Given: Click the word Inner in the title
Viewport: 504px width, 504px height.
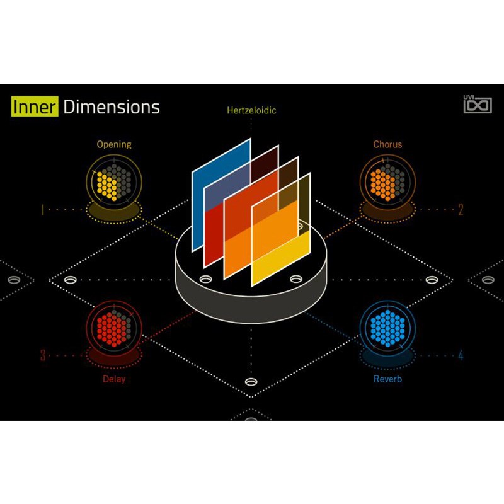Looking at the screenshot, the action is (x=35, y=106).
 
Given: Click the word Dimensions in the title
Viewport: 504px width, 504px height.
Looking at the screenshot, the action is (x=112, y=107).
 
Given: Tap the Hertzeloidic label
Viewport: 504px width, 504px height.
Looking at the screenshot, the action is (x=251, y=110).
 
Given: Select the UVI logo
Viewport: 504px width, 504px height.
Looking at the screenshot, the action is (x=478, y=104).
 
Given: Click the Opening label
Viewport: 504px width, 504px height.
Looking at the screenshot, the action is (x=114, y=145).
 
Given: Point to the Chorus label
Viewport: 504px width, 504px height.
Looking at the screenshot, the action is (x=387, y=144).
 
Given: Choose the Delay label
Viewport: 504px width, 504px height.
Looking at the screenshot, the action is (x=114, y=379).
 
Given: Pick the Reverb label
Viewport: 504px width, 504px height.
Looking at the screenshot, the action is (x=387, y=379).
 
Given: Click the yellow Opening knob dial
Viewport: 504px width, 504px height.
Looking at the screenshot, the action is (x=114, y=182).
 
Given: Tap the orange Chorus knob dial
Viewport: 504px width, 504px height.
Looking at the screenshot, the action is (x=387, y=182).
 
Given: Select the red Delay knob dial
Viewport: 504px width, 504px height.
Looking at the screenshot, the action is (x=114, y=328).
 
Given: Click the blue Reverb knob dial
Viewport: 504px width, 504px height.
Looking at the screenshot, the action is (x=387, y=328).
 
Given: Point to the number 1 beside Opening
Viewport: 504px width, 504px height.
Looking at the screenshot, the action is (x=43, y=210).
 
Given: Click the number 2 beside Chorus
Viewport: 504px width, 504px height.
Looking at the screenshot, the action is (x=461, y=210).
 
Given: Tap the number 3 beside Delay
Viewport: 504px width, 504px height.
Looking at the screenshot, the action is (x=43, y=355).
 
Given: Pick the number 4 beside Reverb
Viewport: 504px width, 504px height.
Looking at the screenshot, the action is (x=461, y=355).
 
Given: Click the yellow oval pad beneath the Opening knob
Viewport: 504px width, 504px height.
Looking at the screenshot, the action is (x=114, y=211).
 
